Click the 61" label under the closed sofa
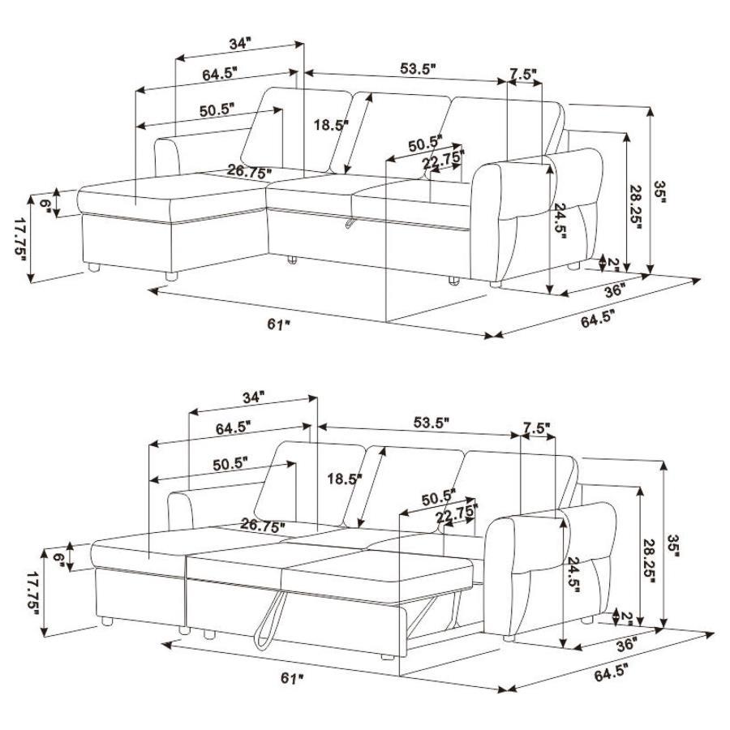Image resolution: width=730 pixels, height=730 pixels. tap(277, 324)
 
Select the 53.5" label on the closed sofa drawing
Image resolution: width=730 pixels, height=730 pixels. tap(418, 68)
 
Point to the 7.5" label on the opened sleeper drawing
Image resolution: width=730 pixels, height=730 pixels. tap(536, 427)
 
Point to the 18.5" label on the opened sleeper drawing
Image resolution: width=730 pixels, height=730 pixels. tap(342, 479)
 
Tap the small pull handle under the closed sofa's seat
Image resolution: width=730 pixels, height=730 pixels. tap(350, 221)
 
